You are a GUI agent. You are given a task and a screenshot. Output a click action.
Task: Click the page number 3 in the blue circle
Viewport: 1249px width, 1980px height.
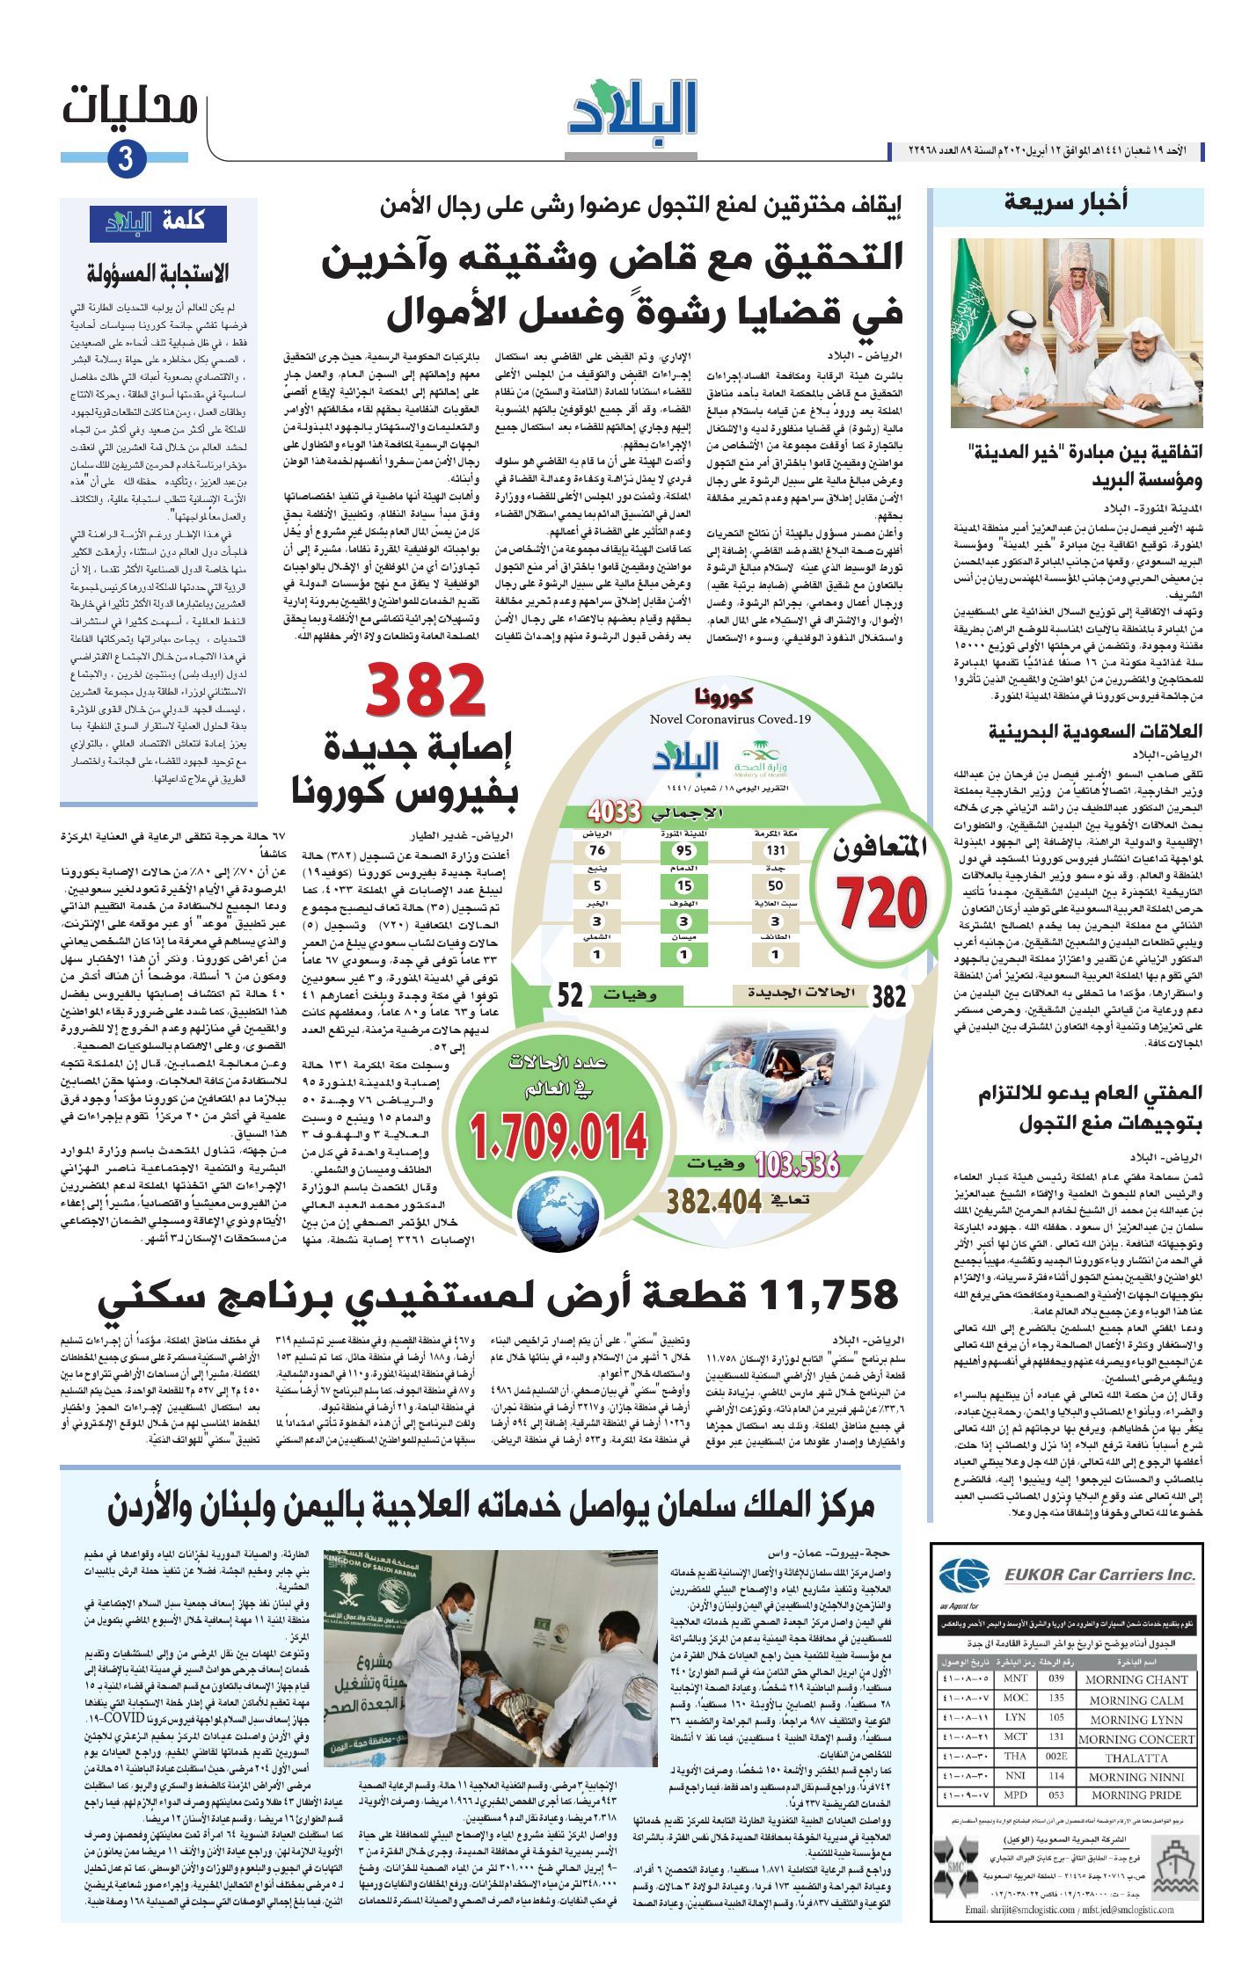[x=125, y=160]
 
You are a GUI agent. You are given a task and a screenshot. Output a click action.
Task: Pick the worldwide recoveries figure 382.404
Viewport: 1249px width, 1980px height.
[x=714, y=1201]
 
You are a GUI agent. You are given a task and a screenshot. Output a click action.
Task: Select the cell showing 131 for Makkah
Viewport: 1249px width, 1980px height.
[x=774, y=850]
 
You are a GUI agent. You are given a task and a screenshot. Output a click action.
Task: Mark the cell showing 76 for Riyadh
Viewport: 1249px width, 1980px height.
[x=599, y=850]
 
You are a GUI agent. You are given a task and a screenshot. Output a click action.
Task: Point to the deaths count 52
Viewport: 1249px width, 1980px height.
[x=571, y=995]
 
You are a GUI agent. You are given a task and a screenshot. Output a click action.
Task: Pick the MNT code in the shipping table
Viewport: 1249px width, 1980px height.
[x=1015, y=1679]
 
